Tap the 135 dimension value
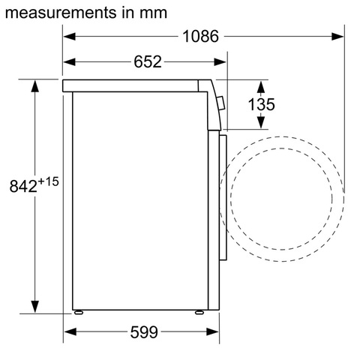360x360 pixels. [261, 104]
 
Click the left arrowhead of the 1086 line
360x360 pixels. [67, 35]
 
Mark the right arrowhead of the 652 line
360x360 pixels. [220, 62]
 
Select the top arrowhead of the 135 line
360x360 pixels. [261, 82]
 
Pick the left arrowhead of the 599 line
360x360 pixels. [67, 331]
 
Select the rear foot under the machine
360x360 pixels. [77, 310]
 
